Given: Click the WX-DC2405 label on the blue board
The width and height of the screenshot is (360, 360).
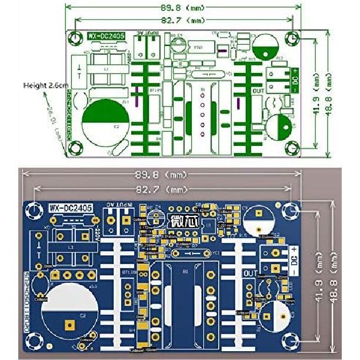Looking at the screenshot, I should click(70, 208).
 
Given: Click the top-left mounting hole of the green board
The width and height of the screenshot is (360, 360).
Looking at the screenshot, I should click(75, 38).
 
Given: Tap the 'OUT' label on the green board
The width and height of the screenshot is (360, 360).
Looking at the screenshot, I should click(257, 91).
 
